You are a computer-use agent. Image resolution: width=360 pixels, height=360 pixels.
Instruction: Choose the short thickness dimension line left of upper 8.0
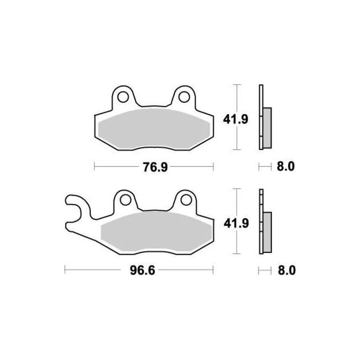point(264,166)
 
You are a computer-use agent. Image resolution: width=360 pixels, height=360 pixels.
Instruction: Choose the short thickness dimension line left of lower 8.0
point(264,269)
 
